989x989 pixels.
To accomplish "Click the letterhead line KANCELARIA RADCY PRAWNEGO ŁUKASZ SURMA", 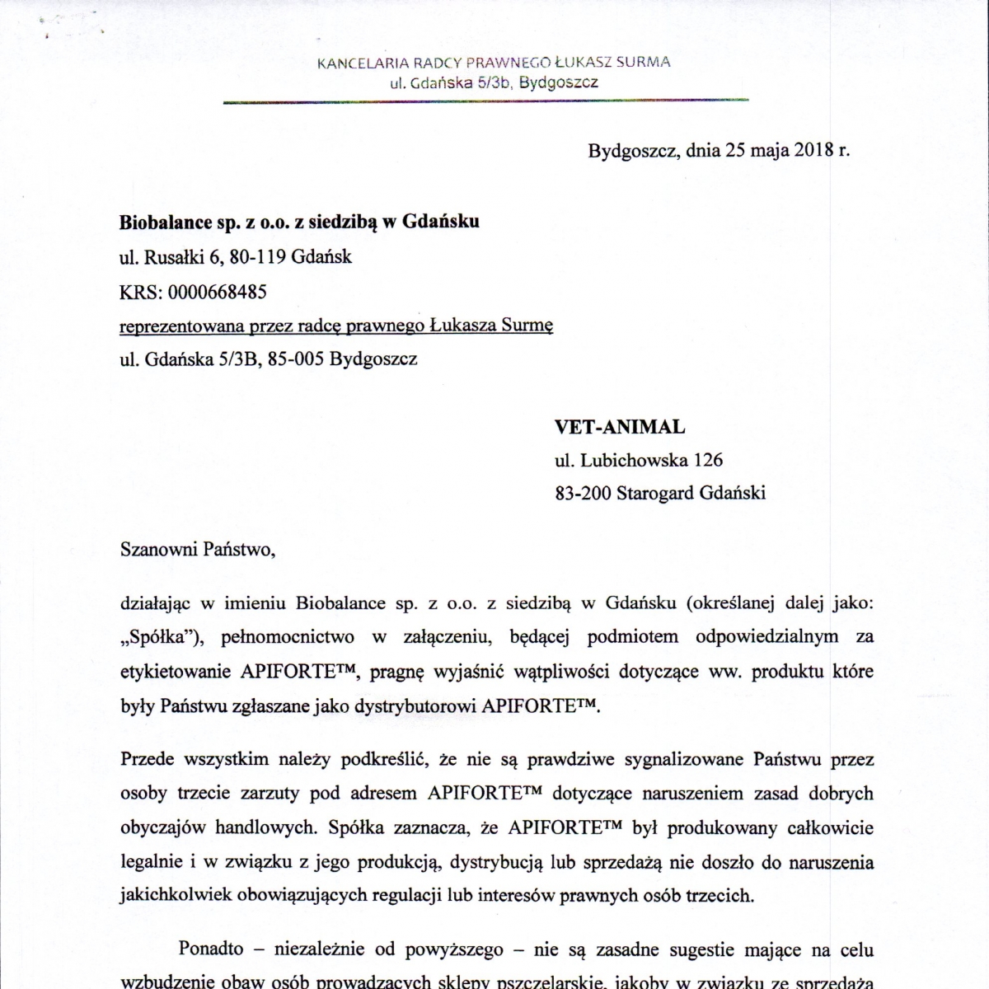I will click(494, 62).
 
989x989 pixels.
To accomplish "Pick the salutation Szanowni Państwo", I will click(195, 550).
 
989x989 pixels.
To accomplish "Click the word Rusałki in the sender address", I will click(174, 257).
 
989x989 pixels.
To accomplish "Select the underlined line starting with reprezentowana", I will click(336, 326).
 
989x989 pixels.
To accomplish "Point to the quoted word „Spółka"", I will click(155, 636).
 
